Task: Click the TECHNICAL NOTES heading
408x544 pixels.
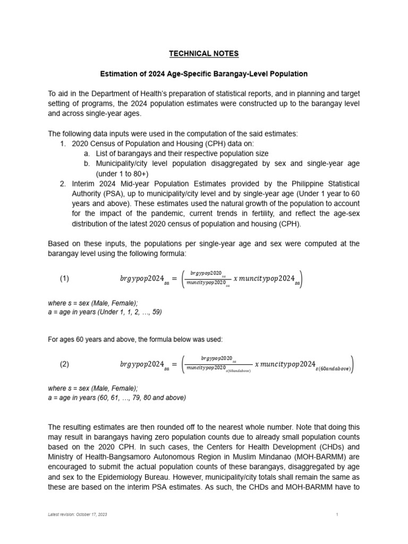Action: point(204,54)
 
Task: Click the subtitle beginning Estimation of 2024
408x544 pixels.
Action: point(204,74)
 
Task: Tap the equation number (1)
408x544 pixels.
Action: point(64,278)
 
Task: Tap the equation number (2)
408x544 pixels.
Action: point(64,364)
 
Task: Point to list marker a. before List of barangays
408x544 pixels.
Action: point(87,154)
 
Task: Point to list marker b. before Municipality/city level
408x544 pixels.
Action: point(87,164)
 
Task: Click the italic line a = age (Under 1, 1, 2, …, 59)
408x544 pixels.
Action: point(105,312)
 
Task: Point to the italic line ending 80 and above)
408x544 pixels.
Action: point(117,397)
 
